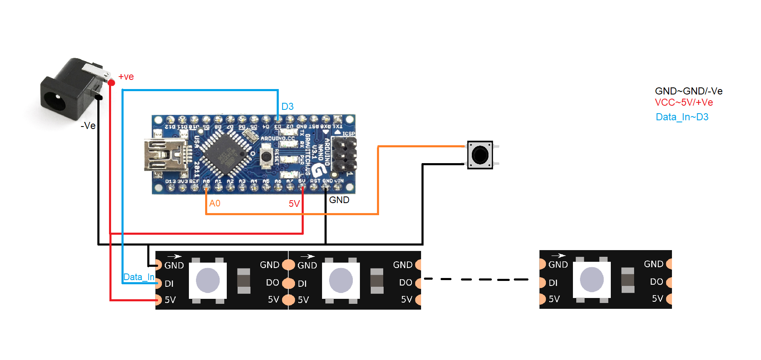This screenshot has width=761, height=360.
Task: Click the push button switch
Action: click(x=480, y=155)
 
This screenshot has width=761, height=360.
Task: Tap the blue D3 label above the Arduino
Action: click(x=288, y=107)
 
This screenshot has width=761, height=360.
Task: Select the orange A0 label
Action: click(x=215, y=204)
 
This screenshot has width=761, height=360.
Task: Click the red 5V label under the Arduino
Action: click(x=294, y=204)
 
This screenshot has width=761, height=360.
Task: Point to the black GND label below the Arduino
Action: click(x=339, y=200)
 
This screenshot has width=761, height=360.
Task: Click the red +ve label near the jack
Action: click(x=126, y=77)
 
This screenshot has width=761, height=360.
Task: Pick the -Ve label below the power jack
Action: click(x=88, y=126)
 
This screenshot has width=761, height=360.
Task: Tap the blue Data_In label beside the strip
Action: click(x=139, y=277)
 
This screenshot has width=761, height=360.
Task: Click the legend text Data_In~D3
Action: click(x=682, y=117)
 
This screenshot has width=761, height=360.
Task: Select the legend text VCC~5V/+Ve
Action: click(x=684, y=103)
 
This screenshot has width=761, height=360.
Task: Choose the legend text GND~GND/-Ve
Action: click(x=689, y=91)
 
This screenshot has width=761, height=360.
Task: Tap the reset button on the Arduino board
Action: click(x=266, y=156)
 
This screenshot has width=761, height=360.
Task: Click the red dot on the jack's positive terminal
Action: click(x=111, y=83)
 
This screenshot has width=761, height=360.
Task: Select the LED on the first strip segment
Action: click(x=208, y=280)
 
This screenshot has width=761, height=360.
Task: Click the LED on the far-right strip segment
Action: click(x=592, y=279)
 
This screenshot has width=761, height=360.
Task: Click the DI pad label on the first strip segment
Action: click(x=169, y=284)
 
